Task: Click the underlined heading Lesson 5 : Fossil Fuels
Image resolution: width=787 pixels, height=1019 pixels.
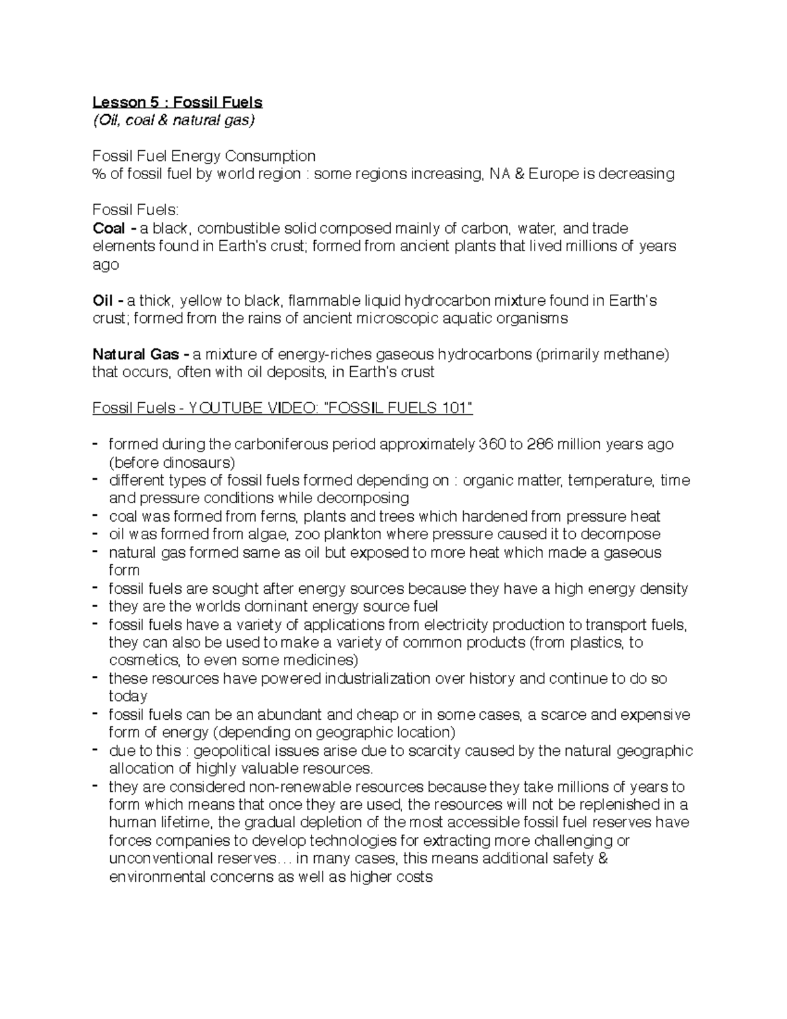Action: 177,102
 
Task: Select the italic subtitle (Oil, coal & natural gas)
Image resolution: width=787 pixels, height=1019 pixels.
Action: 173,120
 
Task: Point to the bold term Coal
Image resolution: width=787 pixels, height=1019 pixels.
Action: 109,228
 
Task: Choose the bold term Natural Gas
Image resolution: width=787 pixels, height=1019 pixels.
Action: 136,354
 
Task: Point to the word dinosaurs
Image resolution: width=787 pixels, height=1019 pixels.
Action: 195,463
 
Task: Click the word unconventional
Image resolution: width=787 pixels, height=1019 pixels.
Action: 161,859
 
